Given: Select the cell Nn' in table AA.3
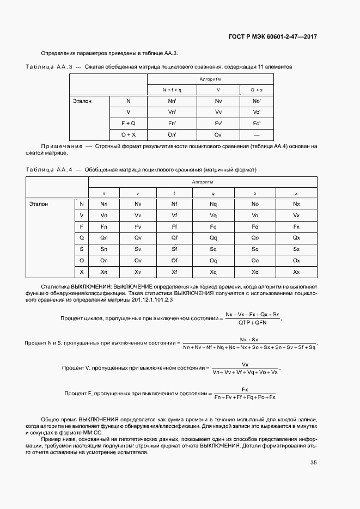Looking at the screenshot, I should coord(172,101).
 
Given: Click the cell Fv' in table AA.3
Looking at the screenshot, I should coord(218,123).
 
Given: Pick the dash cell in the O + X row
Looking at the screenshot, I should coord(256,134).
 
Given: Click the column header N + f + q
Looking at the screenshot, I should coord(172,90).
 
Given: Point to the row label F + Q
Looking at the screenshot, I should coord(129,123).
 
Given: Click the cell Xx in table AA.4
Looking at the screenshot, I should coord(296,272).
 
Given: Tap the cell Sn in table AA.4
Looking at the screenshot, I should coord(104,249).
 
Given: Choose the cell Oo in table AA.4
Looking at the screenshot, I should coord(254,260).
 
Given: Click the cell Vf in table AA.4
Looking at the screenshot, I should coord(174,215).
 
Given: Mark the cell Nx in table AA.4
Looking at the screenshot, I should coord(296,204).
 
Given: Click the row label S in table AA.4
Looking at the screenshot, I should coord(82,249).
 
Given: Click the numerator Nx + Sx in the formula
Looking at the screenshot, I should coord(248,339).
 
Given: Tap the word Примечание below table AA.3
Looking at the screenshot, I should coord(60,147).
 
